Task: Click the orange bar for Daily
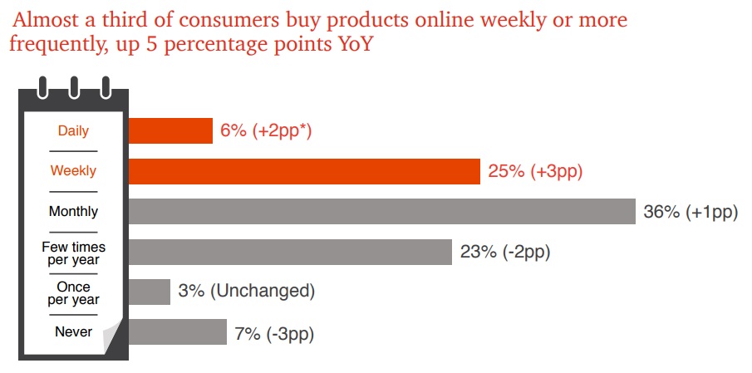click(x=170, y=130)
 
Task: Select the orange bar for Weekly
click(x=304, y=171)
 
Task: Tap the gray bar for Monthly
click(x=382, y=211)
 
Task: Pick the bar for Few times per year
click(x=291, y=252)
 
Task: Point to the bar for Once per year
click(x=150, y=292)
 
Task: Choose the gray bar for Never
click(x=178, y=332)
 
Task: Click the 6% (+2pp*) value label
click(x=266, y=130)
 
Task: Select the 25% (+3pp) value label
click(x=535, y=171)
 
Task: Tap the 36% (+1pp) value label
click(x=691, y=212)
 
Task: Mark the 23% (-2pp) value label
click(x=504, y=252)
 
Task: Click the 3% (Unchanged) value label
click(x=247, y=292)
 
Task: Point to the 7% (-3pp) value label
click(x=275, y=333)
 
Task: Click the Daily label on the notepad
click(x=73, y=130)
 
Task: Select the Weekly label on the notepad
click(x=73, y=171)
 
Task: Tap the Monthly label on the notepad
click(x=73, y=212)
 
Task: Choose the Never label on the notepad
click(x=73, y=332)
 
